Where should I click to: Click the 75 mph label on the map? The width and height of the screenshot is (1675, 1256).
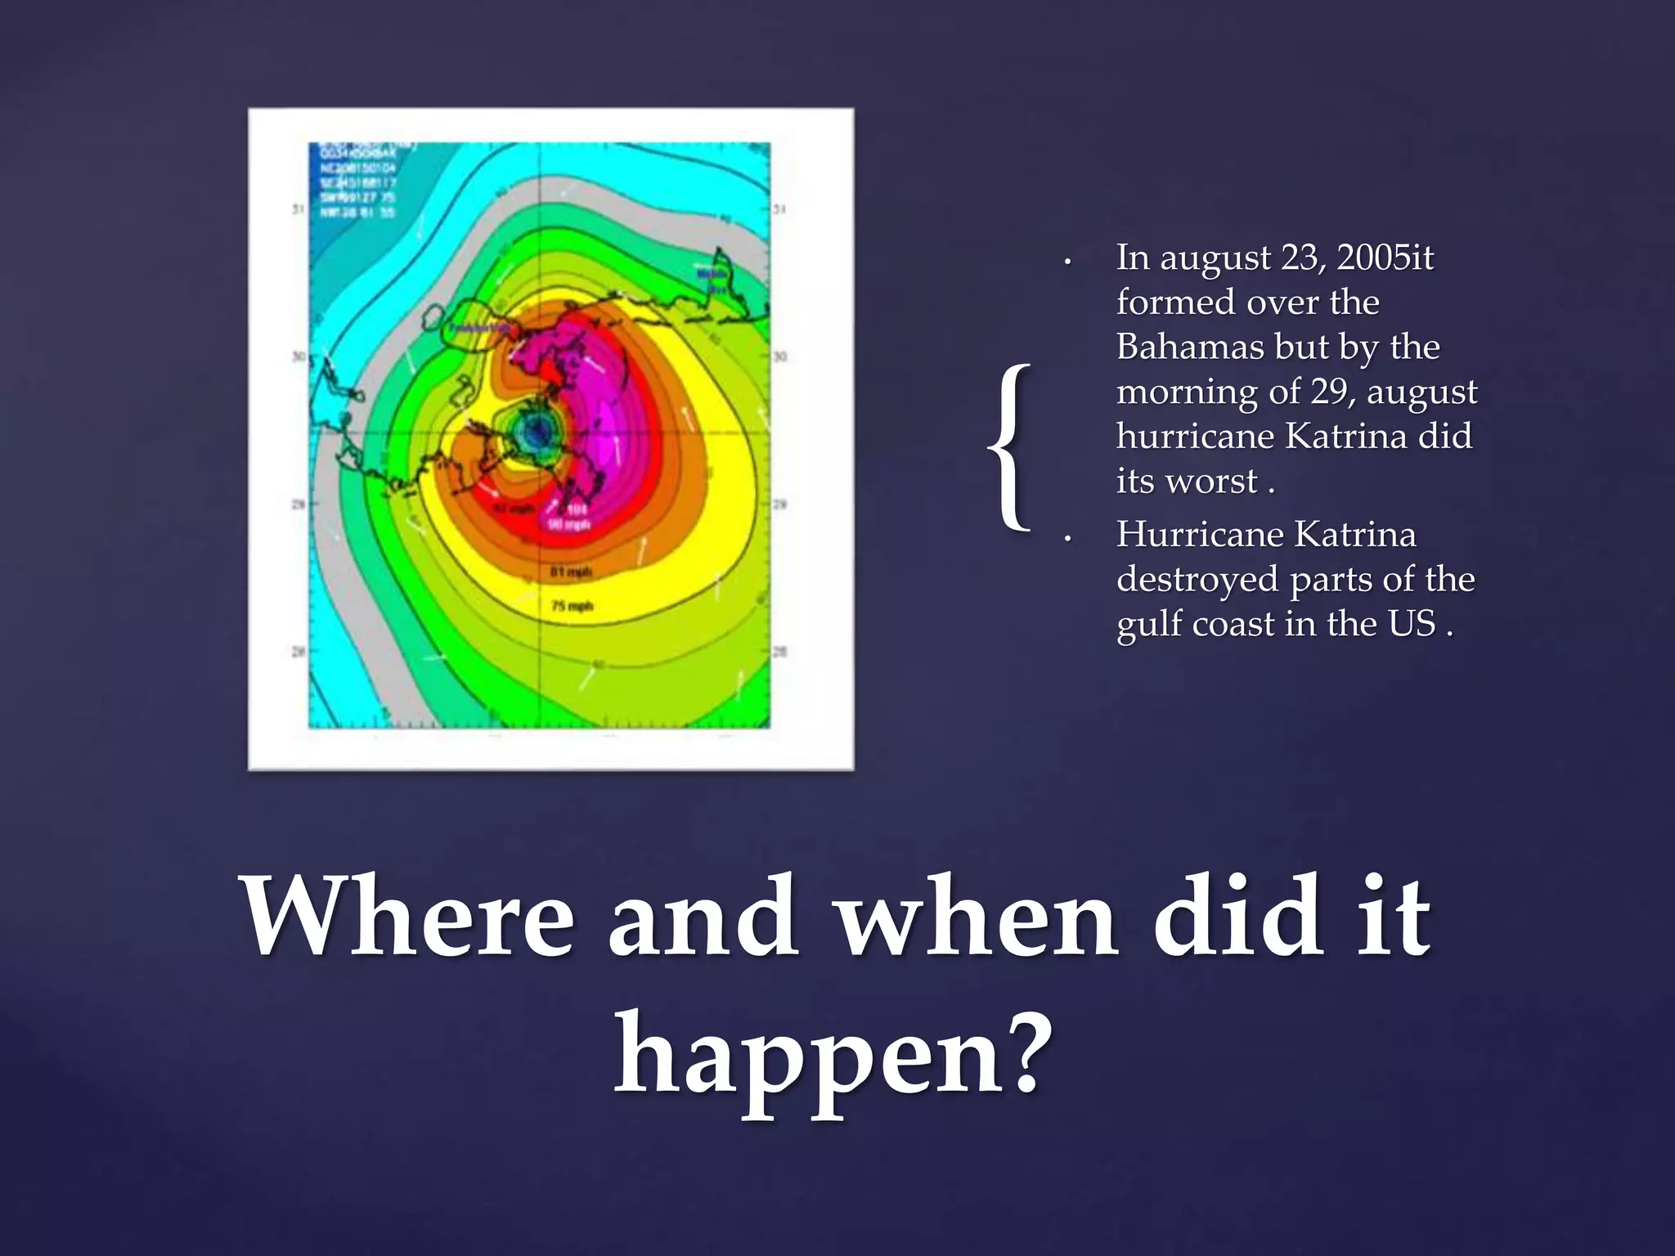[x=572, y=606]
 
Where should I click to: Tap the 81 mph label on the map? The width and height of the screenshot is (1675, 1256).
[x=571, y=572]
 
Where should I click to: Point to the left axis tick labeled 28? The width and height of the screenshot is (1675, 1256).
[x=299, y=652]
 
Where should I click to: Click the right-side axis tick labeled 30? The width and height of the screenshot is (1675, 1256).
[x=779, y=357]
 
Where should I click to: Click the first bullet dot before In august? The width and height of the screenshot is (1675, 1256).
[x=1067, y=263]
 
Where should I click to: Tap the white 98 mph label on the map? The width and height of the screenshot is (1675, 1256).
[x=569, y=524]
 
